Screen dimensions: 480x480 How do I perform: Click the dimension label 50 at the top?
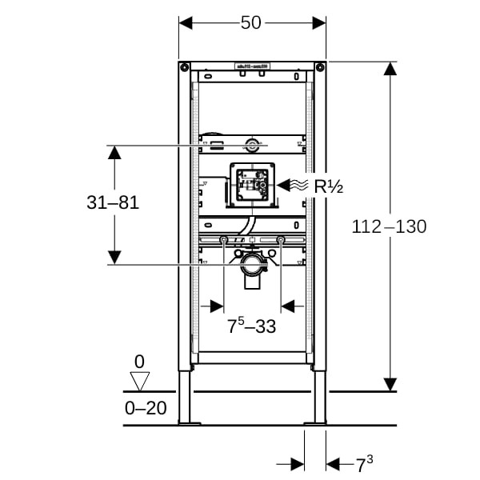pos(251,22)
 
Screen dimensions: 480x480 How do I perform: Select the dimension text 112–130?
pos(389,226)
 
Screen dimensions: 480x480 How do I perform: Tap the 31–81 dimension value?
pos(113,203)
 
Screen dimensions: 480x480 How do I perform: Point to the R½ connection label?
pos(327,187)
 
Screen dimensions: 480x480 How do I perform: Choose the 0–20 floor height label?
pos(146,408)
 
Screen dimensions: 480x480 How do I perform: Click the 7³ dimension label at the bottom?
pos(364,465)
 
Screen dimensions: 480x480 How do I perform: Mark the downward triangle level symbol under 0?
pos(140,380)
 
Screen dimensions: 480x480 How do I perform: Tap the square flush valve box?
pos(252,186)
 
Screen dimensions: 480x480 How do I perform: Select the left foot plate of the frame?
pos(190,422)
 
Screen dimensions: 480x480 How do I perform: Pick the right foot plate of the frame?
pos(315,422)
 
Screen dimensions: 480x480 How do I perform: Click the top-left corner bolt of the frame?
pos(184,66)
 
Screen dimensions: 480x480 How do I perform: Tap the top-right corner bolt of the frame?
pos(320,66)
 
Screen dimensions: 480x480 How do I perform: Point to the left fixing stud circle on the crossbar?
pos(223,240)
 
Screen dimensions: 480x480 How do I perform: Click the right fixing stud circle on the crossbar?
pos(281,240)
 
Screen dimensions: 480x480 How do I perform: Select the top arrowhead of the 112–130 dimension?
pos(390,69)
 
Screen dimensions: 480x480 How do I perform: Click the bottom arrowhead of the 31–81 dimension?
pos(114,257)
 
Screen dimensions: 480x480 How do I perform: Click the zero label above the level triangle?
pos(140,361)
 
